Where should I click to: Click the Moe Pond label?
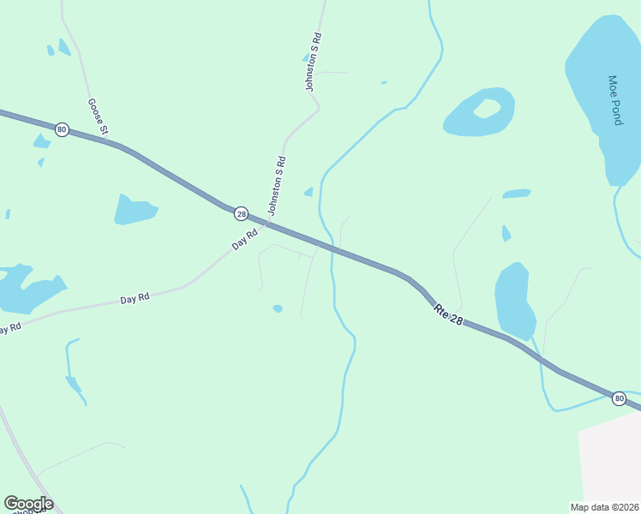[614, 100]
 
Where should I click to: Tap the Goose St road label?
[98, 117]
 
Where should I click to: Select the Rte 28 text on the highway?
[450, 313]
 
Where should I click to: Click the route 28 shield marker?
[241, 213]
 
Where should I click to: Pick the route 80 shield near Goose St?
[61, 129]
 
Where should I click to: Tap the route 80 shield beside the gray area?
[619, 398]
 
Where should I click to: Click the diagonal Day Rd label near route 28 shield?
[245, 240]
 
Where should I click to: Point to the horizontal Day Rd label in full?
[135, 298]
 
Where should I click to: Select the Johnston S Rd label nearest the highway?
[275, 186]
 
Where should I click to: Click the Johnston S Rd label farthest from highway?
[313, 63]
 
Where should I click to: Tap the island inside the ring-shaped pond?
[487, 109]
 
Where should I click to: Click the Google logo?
[27, 504]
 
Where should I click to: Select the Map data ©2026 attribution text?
[604, 507]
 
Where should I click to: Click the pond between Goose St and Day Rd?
[134, 209]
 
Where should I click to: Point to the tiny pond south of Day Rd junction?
[278, 308]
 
